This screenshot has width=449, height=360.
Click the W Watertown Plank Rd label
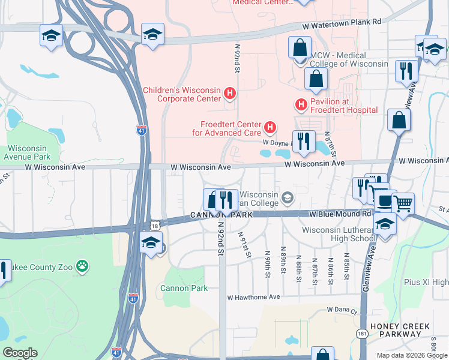tap(343, 22)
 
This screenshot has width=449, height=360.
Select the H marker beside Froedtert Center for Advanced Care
tap(271, 127)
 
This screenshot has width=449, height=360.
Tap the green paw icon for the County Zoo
tap(82, 265)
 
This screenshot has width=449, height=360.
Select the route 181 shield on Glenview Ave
tap(362, 332)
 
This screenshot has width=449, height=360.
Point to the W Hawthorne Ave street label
tap(253, 297)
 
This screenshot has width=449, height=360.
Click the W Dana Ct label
tap(342, 310)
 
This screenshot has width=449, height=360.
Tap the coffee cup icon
tap(385, 201)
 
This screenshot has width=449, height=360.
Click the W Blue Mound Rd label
tap(340, 214)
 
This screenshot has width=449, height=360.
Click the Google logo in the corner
tap(20, 353)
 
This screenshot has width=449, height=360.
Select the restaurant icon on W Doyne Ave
tap(303, 142)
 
